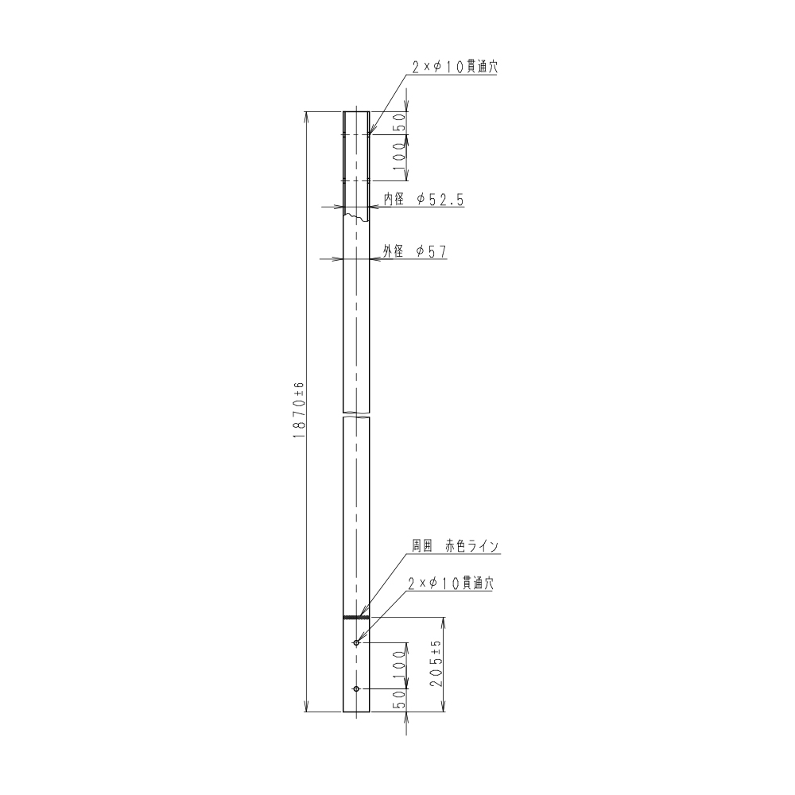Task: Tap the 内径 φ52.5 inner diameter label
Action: point(424,200)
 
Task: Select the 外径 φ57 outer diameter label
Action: point(415,251)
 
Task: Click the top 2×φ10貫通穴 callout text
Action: point(454,68)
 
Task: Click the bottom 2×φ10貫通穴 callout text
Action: point(450,584)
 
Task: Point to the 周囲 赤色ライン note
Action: point(456,546)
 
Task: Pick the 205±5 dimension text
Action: point(436,663)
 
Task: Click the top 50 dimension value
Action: point(400,122)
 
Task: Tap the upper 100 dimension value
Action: point(400,157)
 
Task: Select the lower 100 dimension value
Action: point(400,665)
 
